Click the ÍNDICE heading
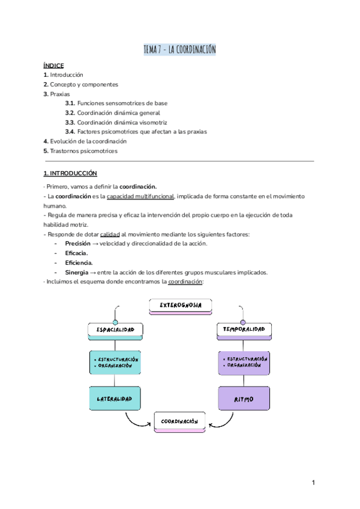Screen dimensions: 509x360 pyautogui.click(x=53, y=65)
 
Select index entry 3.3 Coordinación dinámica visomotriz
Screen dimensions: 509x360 pyautogui.click(x=116, y=122)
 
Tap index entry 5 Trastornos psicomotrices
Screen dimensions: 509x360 pyautogui.click(x=80, y=151)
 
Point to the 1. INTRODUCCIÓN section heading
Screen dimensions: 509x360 pyautogui.click(x=70, y=173)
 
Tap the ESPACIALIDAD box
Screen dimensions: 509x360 pyautogui.click(x=115, y=330)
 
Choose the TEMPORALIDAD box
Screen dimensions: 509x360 pyautogui.click(x=244, y=330)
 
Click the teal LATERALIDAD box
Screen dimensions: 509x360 pyautogui.click(x=115, y=398)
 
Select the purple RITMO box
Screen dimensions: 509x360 pyautogui.click(x=244, y=398)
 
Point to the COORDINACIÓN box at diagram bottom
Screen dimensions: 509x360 pyautogui.click(x=179, y=421)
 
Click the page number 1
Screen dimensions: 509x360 pyautogui.click(x=313, y=483)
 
